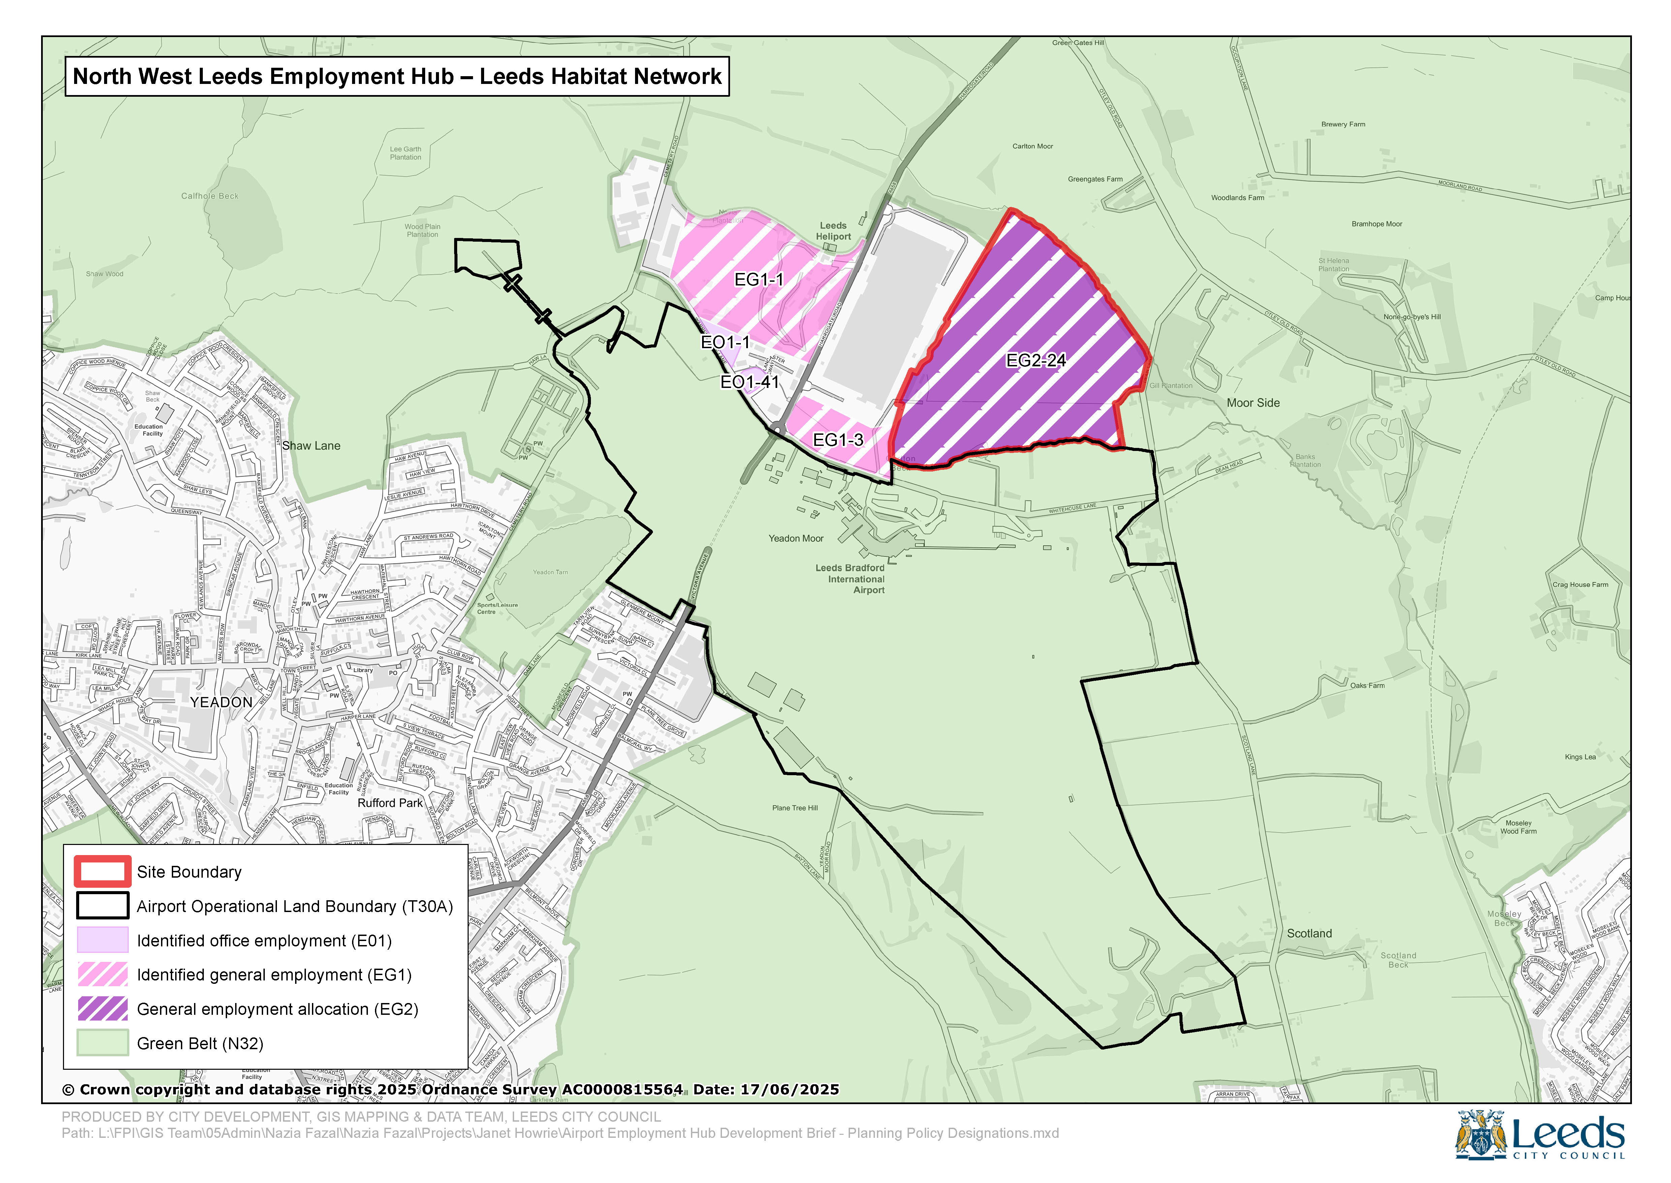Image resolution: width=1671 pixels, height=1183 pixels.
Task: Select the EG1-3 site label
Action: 838,440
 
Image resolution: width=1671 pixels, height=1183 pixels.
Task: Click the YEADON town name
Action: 221,702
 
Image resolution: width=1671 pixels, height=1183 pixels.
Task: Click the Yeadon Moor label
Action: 796,538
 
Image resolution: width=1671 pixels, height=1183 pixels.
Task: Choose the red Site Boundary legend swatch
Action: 103,872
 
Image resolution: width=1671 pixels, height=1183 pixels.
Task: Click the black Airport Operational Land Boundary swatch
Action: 103,906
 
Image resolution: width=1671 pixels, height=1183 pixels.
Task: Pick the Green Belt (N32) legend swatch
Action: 103,1043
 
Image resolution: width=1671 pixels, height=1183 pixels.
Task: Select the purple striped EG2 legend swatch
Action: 103,1009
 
